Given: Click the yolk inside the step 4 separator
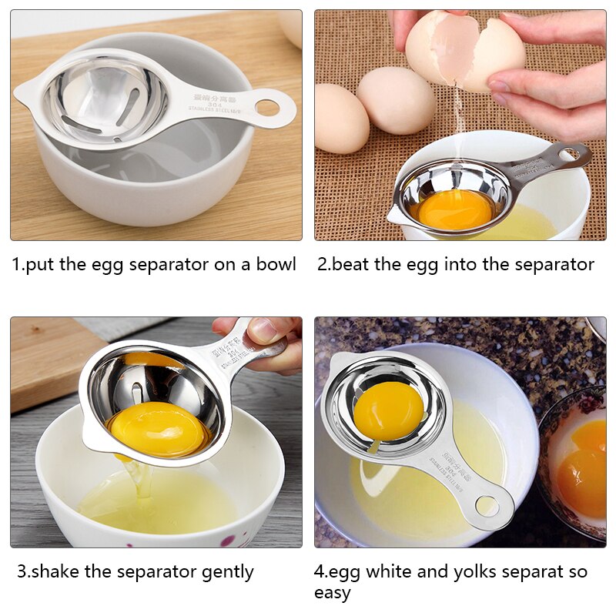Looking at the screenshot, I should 388,410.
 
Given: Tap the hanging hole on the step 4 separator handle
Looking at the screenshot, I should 487,506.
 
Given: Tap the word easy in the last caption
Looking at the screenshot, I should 333,593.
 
